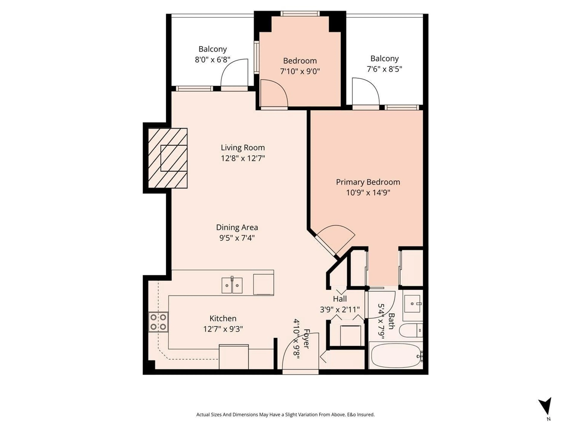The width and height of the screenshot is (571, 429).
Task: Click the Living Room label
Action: pos(243,148)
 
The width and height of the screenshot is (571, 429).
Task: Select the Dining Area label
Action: pos(237,227)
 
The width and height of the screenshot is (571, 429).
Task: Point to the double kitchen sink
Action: pos(232,286)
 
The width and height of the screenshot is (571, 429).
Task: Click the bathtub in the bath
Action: pos(395,356)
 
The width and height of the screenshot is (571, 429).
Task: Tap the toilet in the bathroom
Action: pos(410,331)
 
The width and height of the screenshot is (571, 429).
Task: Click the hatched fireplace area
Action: pos(168,158)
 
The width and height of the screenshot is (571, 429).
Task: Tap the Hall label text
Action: pos(340,299)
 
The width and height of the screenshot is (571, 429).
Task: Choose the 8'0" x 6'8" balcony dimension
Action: pos(212,60)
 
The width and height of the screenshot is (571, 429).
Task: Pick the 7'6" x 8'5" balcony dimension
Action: pos(384,69)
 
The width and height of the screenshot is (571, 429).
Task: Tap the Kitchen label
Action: pos(223,318)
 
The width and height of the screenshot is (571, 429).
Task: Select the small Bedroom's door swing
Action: pos(274,93)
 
